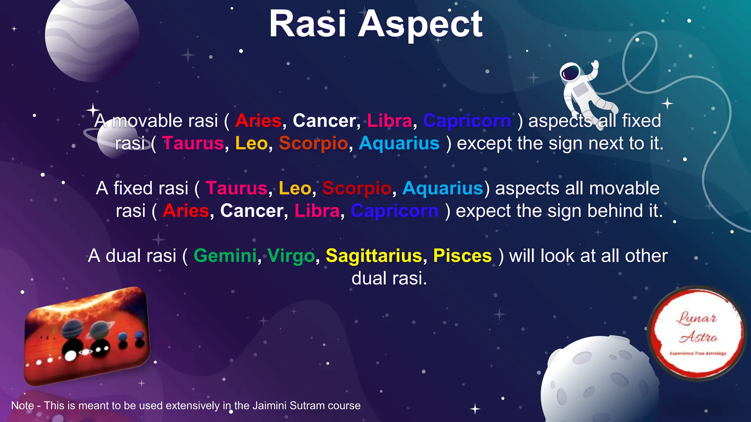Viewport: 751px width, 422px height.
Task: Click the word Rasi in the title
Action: pos(307,24)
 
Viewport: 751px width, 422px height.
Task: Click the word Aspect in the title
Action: pos(420,25)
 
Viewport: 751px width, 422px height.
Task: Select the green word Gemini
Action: pos(225,256)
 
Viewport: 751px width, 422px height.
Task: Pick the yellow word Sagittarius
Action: pos(374,256)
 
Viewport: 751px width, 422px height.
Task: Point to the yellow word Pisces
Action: pos(462,256)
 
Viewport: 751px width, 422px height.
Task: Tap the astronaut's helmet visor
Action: pos(570,73)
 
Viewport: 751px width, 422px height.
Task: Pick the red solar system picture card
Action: pos(87,336)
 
